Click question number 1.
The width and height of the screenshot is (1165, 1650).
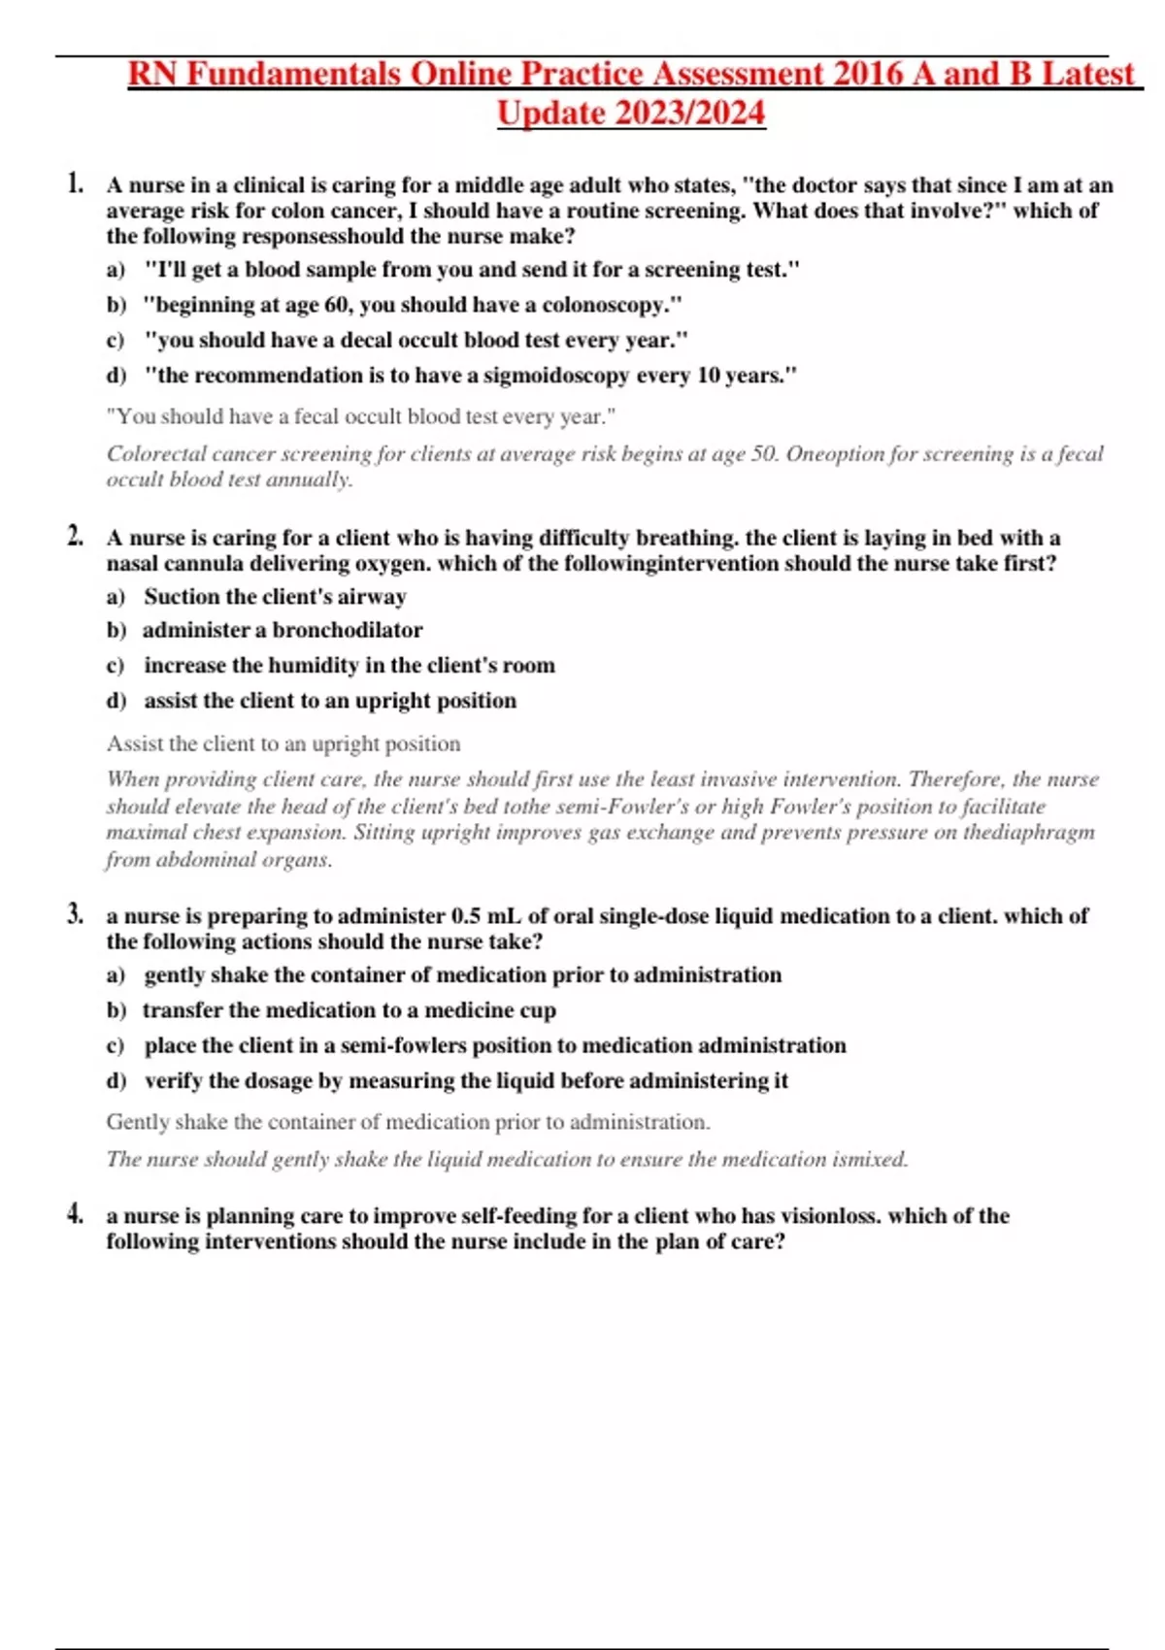click(76, 183)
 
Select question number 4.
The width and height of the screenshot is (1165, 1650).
click(76, 1213)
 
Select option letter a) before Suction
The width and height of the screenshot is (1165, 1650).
click(116, 596)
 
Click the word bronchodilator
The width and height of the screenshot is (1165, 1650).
click(348, 630)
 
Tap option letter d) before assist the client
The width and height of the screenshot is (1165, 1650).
click(116, 701)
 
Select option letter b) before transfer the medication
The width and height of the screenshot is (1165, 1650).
click(116, 1010)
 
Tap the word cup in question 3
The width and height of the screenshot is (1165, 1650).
click(538, 1010)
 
